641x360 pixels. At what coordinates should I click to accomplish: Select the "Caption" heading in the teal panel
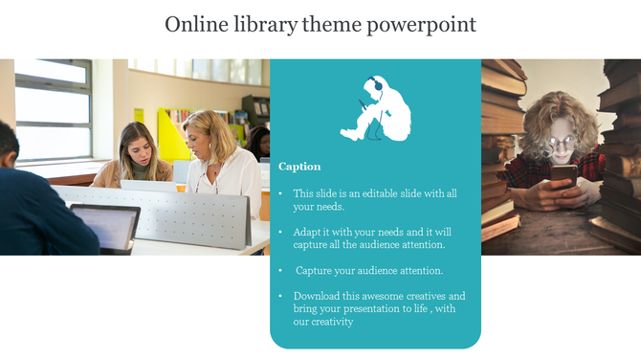(x=299, y=166)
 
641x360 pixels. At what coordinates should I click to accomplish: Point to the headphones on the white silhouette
(x=377, y=84)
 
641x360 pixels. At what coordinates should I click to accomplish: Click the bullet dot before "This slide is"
(x=280, y=193)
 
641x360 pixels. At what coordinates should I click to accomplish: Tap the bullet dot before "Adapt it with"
(x=280, y=232)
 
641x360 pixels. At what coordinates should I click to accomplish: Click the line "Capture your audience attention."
(x=369, y=270)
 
